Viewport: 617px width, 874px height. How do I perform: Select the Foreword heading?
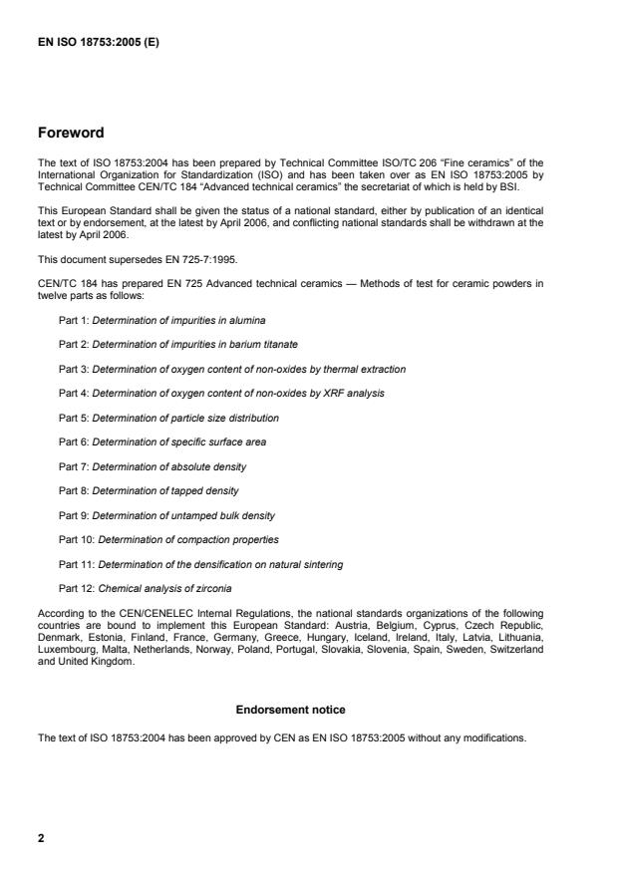point(71,132)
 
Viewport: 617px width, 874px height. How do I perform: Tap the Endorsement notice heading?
point(290,711)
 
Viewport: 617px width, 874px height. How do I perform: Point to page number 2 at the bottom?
point(41,838)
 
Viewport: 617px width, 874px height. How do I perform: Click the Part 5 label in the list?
point(73,418)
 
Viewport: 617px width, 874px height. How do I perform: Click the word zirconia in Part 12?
point(213,588)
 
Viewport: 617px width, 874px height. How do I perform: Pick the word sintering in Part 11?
point(322,564)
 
